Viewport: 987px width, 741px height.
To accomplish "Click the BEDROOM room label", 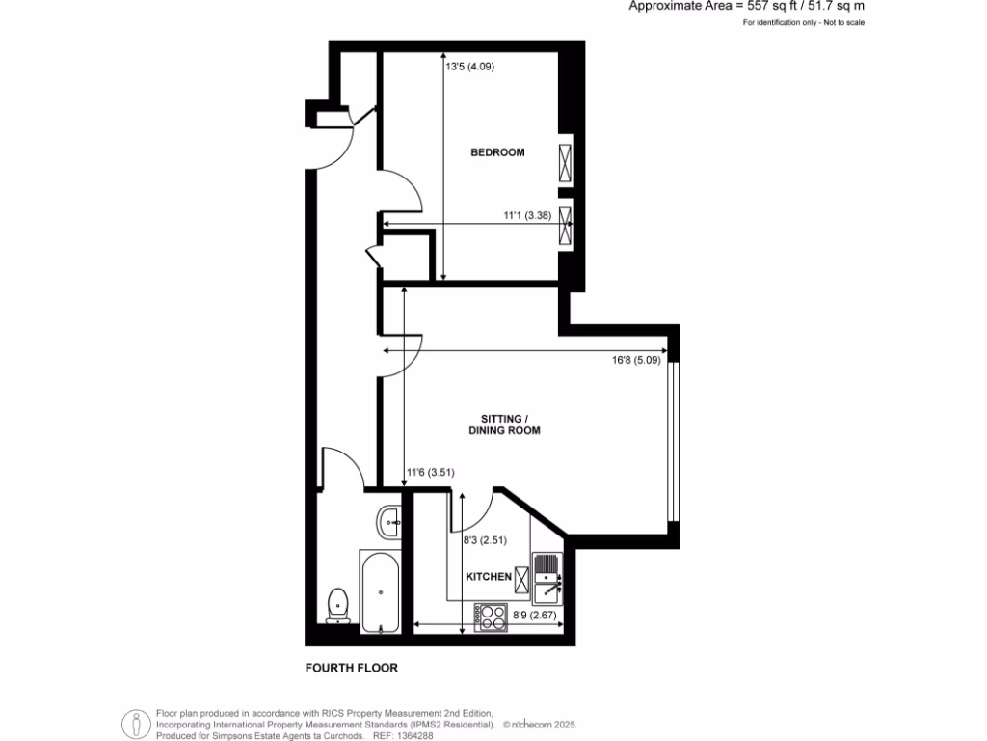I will tap(497, 152).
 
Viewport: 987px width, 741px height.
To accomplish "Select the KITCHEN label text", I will tap(489, 576).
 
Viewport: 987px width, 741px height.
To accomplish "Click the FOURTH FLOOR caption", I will tap(351, 668).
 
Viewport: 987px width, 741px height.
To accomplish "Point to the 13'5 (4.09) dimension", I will tap(470, 67).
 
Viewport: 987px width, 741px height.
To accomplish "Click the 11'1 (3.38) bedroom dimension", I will tap(527, 216).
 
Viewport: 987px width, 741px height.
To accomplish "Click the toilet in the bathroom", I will tap(338, 605).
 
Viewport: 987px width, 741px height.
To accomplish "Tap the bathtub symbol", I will tap(380, 591).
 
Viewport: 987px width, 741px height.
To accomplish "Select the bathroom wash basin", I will tap(391, 523).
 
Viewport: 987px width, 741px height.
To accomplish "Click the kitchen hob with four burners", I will tap(491, 617).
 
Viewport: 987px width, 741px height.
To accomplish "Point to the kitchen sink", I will tap(547, 575).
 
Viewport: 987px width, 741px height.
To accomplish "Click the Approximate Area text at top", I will tap(746, 6).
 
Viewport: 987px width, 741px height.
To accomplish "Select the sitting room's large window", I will tap(675, 441).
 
